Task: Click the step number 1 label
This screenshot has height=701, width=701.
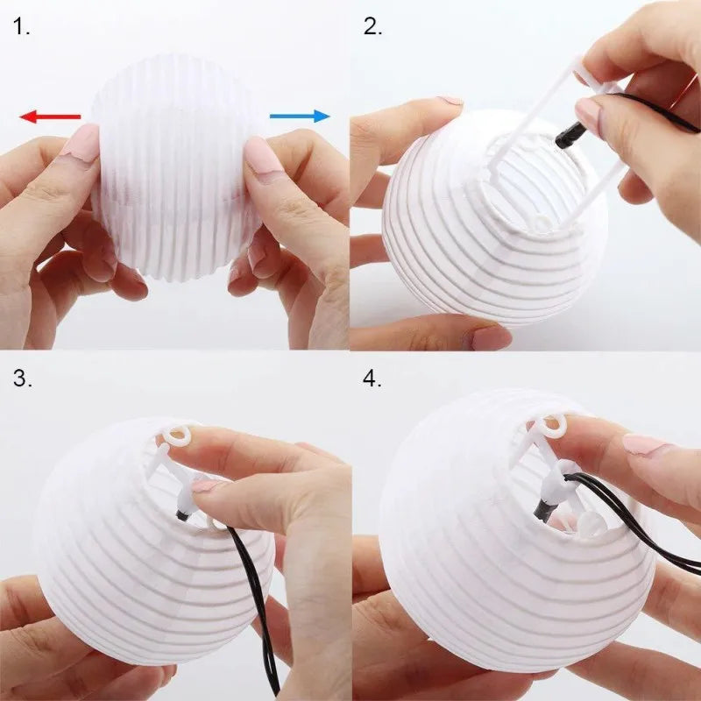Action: coord(22,27)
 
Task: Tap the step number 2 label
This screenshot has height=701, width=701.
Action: coord(373,27)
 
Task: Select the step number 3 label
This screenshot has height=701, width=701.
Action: coord(22,379)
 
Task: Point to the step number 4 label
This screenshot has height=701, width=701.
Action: coord(373,379)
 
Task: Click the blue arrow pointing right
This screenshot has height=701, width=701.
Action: coord(300,116)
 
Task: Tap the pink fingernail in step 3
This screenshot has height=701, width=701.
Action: coord(209,485)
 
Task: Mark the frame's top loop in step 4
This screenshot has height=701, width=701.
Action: coord(553,427)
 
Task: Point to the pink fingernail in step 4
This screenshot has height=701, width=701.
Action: coord(645,443)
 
